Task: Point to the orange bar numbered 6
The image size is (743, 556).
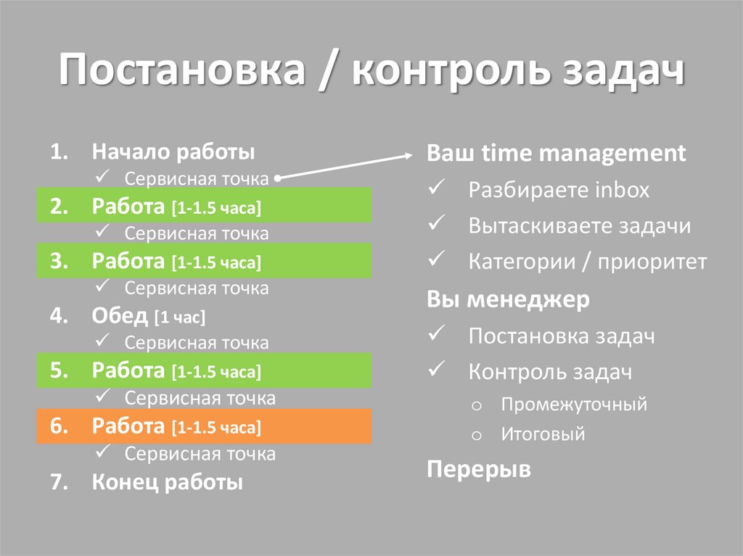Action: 204,427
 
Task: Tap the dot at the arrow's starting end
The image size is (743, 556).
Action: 279,178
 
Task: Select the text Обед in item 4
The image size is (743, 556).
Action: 120,316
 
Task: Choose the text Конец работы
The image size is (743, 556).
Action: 167,482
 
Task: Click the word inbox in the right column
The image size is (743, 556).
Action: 622,191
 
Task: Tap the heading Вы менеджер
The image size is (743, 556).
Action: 508,299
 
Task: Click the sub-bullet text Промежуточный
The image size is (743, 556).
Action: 573,404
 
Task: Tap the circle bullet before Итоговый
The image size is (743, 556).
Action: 476,436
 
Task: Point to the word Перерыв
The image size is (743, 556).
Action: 478,470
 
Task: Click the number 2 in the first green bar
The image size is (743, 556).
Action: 58,207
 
